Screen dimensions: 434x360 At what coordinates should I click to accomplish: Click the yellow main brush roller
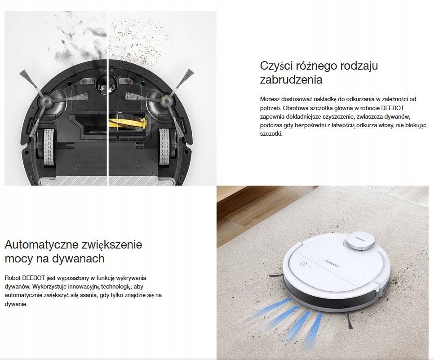pos(127,124)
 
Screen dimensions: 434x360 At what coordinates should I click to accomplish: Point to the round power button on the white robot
pos(303,264)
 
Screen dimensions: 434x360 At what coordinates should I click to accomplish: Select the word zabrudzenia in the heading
pos(291,80)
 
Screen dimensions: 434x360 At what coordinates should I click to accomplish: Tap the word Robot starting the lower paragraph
pos(13,278)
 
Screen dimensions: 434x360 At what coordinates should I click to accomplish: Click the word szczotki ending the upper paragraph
pos(271,134)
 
